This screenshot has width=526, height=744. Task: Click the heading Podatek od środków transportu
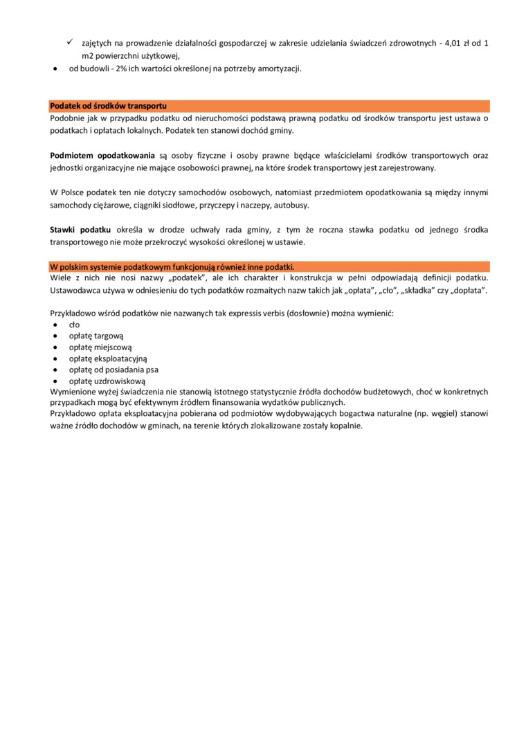(x=108, y=106)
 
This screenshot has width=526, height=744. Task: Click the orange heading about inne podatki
(x=172, y=266)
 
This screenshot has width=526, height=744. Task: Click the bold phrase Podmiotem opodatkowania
(x=102, y=155)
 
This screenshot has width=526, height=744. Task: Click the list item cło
(x=75, y=324)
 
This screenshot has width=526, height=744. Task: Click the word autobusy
(x=293, y=206)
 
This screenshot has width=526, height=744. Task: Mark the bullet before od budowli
(x=55, y=69)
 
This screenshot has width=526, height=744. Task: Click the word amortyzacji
(x=278, y=69)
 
